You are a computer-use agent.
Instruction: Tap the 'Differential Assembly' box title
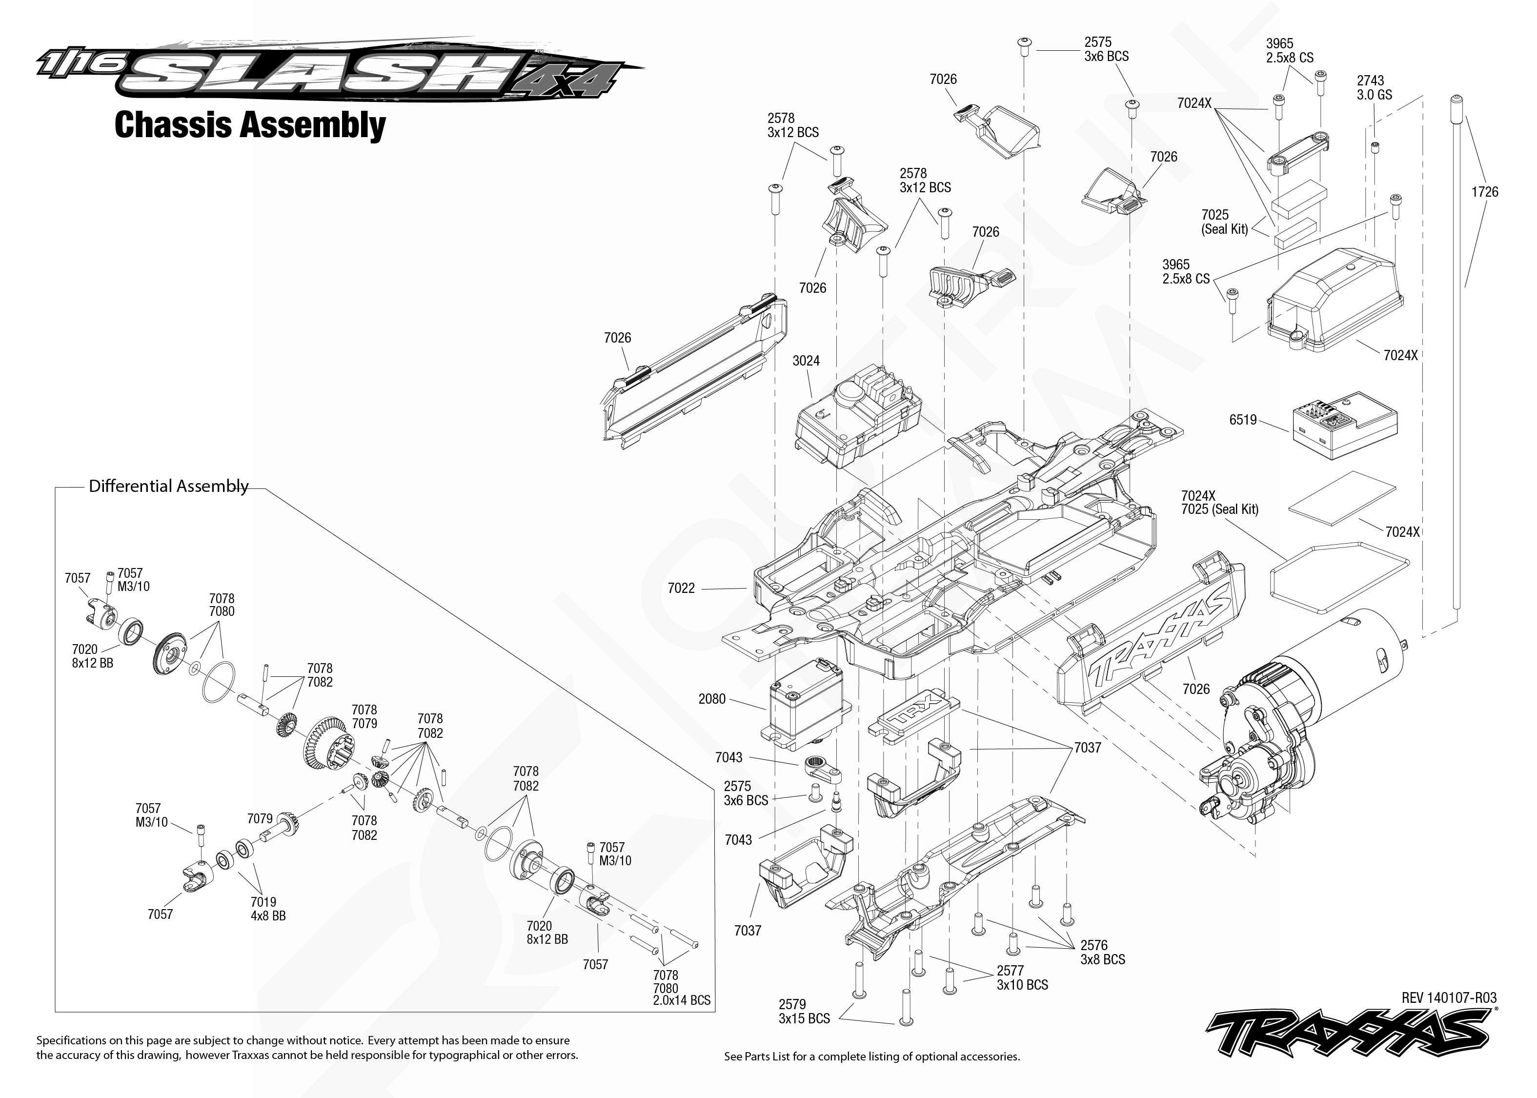[169, 486]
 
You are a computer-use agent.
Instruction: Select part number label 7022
[681, 588]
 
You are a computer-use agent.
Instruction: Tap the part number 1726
[1485, 192]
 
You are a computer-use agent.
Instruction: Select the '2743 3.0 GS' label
[1374, 88]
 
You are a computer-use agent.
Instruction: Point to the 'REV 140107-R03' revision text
[1449, 998]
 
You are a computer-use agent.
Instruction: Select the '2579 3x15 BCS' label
[804, 1012]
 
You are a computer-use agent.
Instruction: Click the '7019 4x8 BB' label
[268, 909]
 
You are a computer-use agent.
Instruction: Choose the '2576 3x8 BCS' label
[1102, 952]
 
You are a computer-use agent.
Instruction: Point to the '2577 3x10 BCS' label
[1022, 977]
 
